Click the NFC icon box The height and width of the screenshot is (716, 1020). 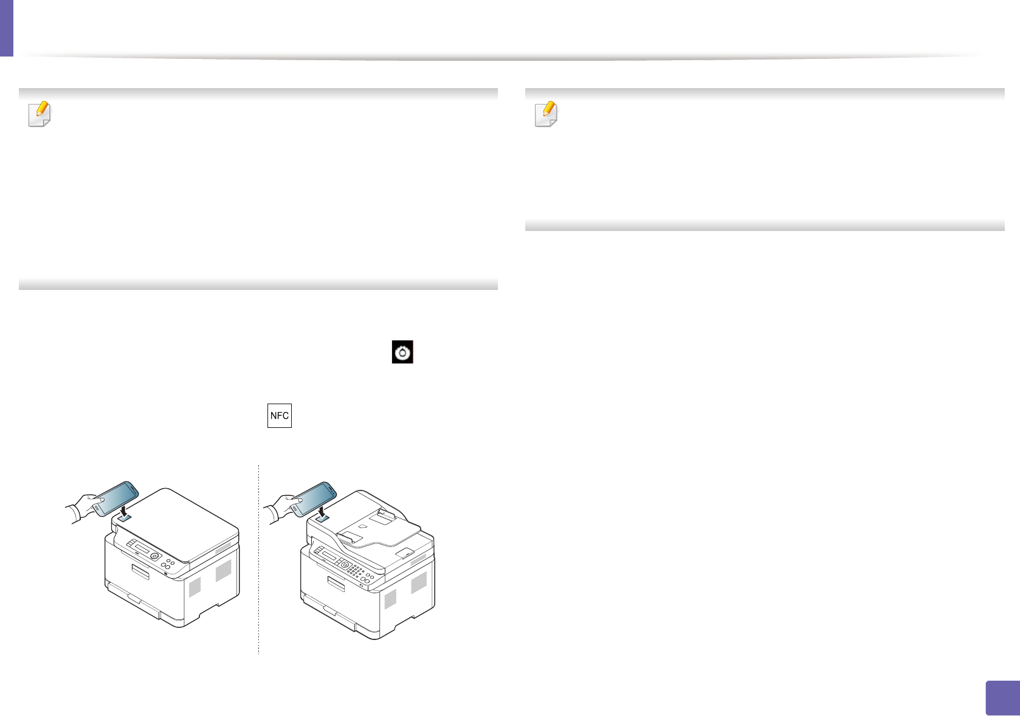[280, 416]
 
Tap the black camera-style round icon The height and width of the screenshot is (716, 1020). [402, 353]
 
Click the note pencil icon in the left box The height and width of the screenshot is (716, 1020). [40, 114]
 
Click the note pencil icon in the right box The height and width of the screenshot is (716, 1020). [546, 114]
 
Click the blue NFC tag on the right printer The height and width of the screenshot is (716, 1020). [322, 517]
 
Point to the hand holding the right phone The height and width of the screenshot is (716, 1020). [280, 506]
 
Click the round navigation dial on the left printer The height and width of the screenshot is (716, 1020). [154, 556]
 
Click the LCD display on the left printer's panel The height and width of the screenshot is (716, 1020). [143, 549]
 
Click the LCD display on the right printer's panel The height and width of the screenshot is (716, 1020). [328, 556]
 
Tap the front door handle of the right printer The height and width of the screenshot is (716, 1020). [336, 583]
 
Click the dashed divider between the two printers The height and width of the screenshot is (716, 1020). [258, 559]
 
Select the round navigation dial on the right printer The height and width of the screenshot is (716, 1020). [345, 565]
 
